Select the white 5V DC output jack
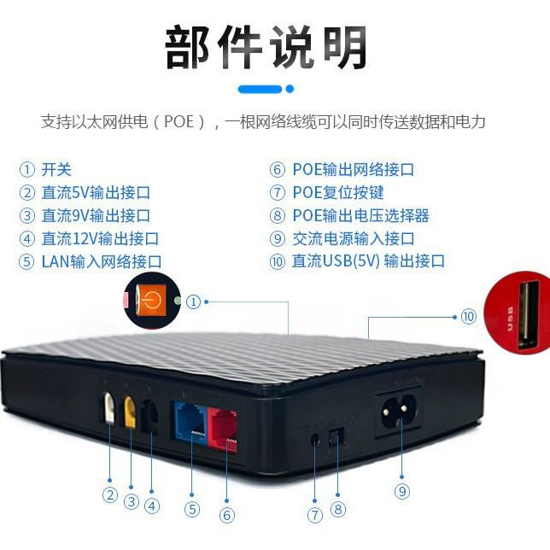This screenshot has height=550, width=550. pyautogui.click(x=109, y=407)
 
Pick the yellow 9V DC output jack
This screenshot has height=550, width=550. pyautogui.click(x=131, y=412)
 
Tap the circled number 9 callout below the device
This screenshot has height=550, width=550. pyautogui.click(x=401, y=491)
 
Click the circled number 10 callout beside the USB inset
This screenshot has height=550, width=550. pyautogui.click(x=468, y=317)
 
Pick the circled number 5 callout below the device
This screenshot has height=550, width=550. pyautogui.click(x=192, y=510)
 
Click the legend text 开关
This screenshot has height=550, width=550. pyautogui.click(x=56, y=169)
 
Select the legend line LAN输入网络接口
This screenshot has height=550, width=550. pyautogui.click(x=102, y=261)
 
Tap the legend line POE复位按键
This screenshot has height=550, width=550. pyautogui.click(x=338, y=192)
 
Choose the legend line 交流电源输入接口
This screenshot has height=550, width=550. pyautogui.click(x=354, y=238)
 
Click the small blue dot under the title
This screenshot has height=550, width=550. pyautogui.click(x=290, y=89)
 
